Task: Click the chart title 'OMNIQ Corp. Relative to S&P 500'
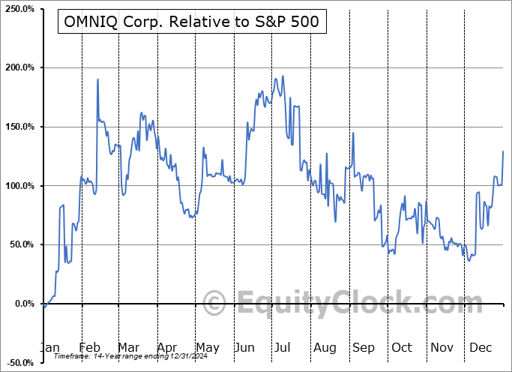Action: (189, 22)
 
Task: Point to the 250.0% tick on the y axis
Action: (19, 8)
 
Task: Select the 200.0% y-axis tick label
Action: (19, 67)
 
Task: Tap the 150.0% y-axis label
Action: (19, 127)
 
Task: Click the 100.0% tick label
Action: (19, 186)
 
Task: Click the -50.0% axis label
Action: (20, 363)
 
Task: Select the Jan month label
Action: (49, 347)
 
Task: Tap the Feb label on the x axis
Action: (89, 347)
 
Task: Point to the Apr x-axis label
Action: (167, 347)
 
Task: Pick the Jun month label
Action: (245, 347)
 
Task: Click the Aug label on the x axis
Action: (324, 347)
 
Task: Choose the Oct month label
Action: (402, 347)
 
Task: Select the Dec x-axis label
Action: (479, 347)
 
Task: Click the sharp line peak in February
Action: (98, 79)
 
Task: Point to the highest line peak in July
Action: (282, 76)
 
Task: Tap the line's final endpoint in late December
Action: (503, 151)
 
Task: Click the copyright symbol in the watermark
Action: (214, 304)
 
